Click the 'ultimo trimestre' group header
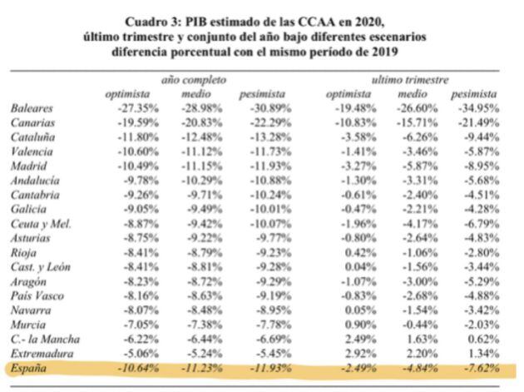tap(409, 80)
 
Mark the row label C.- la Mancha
tap(47, 338)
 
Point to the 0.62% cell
tap(480, 338)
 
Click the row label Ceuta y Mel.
tap(42, 223)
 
